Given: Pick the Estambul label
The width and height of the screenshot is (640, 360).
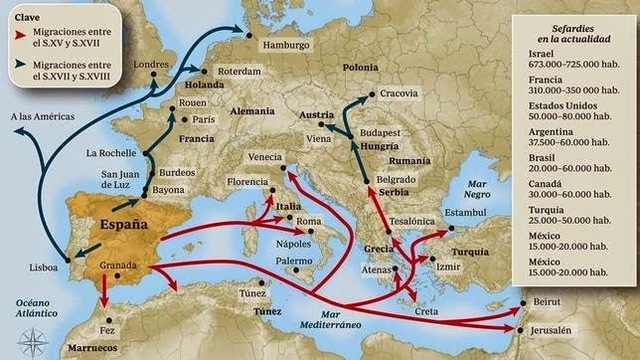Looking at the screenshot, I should [464, 213].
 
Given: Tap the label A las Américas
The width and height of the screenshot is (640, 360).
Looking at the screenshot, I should [42, 118].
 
